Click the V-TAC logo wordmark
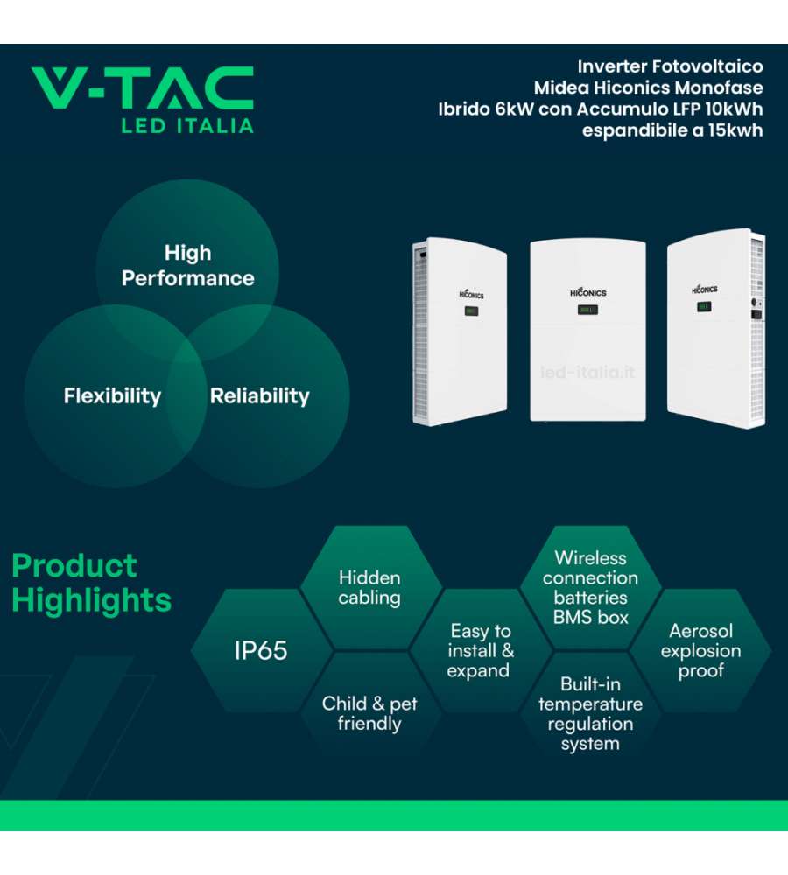[143, 87]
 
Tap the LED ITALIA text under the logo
[187, 126]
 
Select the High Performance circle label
[187, 266]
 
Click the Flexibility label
[112, 395]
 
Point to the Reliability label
[260, 396]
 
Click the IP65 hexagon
[261, 650]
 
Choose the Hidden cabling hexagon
[369, 587]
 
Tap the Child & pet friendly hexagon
[369, 713]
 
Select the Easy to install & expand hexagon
[480, 650]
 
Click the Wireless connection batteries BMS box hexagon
[590, 587]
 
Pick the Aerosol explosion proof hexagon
[700, 650]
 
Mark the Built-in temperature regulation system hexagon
[590, 713]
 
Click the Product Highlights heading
[92, 583]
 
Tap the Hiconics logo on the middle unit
[588, 292]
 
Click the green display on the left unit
[471, 311]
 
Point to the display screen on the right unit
[704, 307]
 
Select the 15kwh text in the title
[735, 130]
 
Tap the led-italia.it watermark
[587, 372]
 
